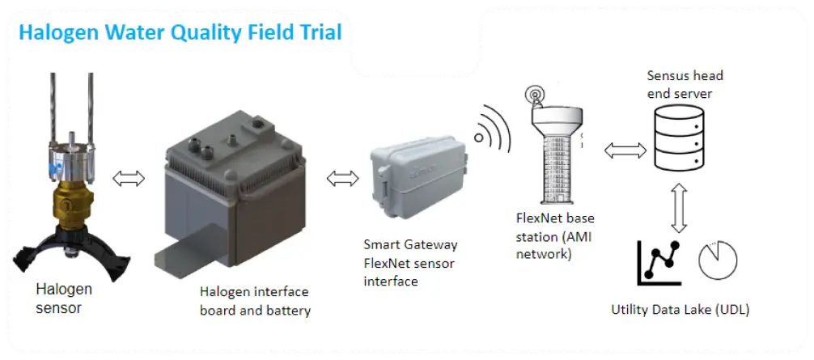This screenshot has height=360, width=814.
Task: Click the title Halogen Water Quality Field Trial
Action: click(x=180, y=32)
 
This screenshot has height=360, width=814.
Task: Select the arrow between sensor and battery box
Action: click(x=129, y=179)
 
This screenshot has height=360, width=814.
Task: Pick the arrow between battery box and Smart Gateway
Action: click(x=342, y=179)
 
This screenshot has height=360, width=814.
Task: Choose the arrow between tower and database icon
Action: click(x=625, y=151)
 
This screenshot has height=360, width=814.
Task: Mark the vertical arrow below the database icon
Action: click(x=679, y=207)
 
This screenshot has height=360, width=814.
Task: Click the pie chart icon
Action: click(x=718, y=260)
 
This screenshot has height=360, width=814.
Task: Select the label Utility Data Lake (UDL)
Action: click(x=680, y=310)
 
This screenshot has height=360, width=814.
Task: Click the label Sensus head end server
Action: click(x=685, y=85)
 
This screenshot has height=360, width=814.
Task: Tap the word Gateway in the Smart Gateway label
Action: click(x=433, y=244)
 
